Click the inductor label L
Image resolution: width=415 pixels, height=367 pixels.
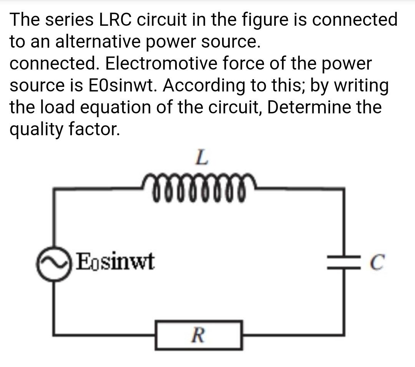tap(202, 158)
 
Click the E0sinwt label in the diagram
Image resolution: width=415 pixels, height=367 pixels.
tap(116, 262)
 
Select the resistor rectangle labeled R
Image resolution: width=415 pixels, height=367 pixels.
tap(199, 335)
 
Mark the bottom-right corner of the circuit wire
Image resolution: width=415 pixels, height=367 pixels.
tap(343, 334)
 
